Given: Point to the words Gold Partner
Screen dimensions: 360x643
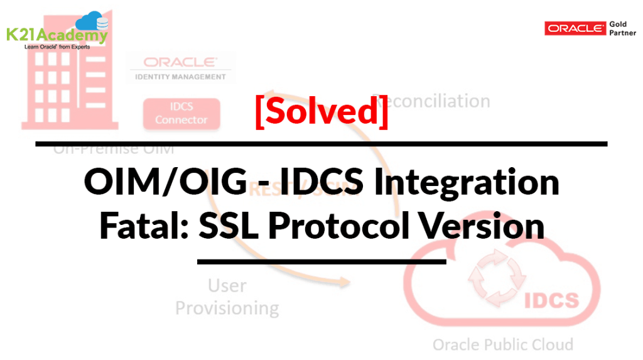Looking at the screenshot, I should click(622, 28).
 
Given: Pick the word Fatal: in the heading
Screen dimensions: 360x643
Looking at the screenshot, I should click(144, 226).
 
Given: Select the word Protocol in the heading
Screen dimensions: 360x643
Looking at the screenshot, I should click(342, 226).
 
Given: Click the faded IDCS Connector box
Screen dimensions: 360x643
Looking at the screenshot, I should click(181, 114).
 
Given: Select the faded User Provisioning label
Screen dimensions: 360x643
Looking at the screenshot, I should click(227, 297).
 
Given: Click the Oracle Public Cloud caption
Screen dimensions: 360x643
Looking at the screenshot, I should click(502, 344).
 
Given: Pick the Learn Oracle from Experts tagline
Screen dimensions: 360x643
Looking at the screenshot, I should click(57, 47).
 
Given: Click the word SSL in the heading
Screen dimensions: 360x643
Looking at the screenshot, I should click(229, 226).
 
